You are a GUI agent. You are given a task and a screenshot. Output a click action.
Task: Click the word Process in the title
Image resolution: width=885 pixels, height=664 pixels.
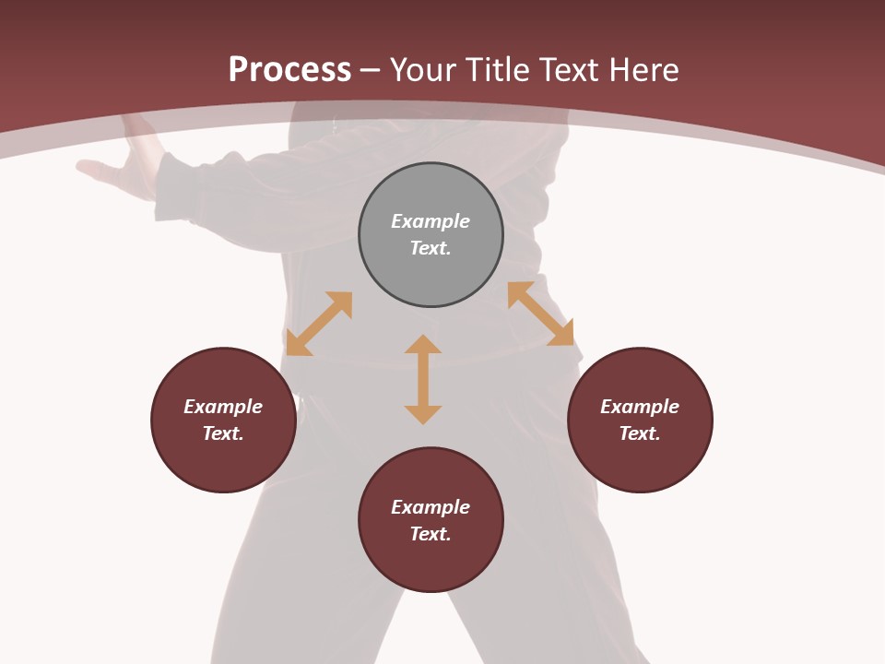point(289,70)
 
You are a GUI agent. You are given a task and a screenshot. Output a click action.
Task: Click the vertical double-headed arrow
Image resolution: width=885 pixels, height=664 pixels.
point(423,379)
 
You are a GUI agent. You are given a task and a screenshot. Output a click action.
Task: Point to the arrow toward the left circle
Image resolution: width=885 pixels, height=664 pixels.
point(319,324)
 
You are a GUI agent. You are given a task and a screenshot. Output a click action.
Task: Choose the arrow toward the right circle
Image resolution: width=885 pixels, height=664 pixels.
point(540,314)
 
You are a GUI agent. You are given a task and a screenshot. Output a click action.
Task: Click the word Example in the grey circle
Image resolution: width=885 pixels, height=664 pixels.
point(431,221)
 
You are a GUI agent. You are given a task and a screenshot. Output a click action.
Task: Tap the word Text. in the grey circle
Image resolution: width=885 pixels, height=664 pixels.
point(431,248)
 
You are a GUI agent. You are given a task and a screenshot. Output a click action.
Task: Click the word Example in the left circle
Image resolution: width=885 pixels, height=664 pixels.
point(223,407)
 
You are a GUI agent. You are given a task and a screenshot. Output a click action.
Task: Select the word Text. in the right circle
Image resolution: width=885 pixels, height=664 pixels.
point(640,433)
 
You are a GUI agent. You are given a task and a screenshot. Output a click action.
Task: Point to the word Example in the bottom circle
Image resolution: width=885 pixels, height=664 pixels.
point(431,507)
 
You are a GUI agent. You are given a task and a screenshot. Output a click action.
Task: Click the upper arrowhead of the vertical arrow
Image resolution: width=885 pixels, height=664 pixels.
point(423,344)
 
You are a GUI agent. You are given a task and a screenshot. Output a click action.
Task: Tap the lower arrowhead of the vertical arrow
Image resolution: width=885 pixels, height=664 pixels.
point(423,414)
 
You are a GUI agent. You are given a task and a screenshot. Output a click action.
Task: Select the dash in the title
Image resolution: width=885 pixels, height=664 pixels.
point(371,71)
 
